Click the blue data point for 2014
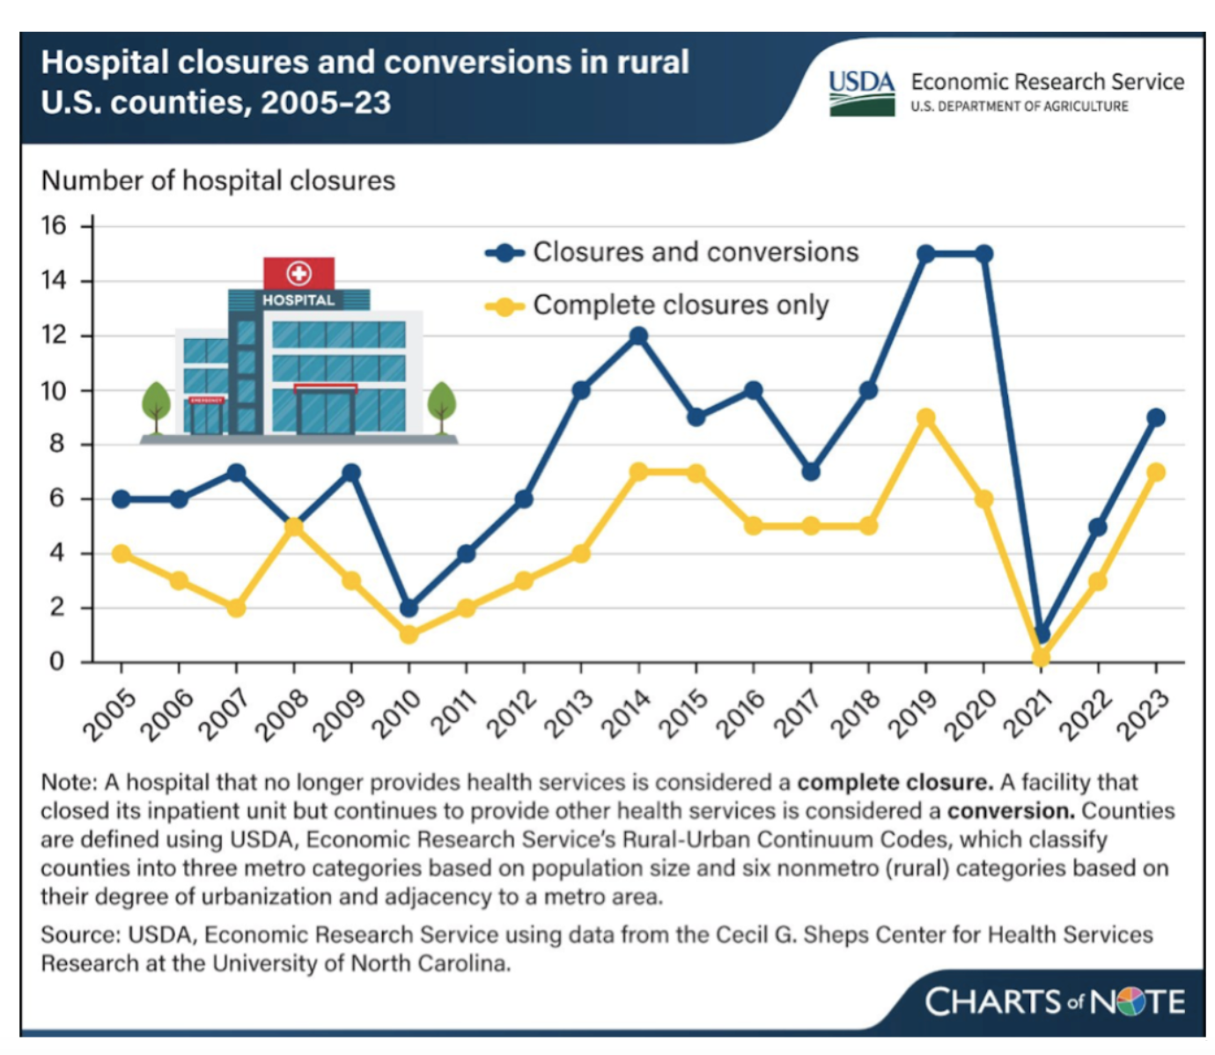pos(638,336)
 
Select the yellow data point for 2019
pos(925,417)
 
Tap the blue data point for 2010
pos(409,608)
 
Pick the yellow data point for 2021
pos(1041,657)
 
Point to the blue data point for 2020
pos(983,254)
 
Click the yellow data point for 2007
pos(236,608)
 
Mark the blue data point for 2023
pos(1156,417)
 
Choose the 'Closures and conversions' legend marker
pos(504,253)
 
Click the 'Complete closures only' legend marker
pos(504,306)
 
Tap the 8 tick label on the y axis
pos(56,444)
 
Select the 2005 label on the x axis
pos(110,714)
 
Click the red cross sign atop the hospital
pos(298,273)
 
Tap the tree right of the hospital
pos(441,406)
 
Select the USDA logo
pos(861,92)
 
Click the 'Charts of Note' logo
pos(1054,1001)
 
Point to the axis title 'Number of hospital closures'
pos(218,181)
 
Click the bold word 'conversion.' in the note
pos(1010,810)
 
